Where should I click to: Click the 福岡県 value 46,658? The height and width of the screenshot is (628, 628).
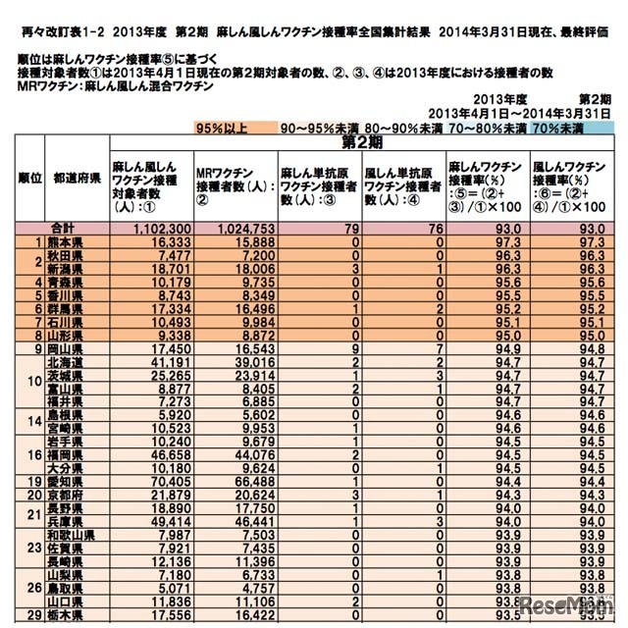tap(156, 457)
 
